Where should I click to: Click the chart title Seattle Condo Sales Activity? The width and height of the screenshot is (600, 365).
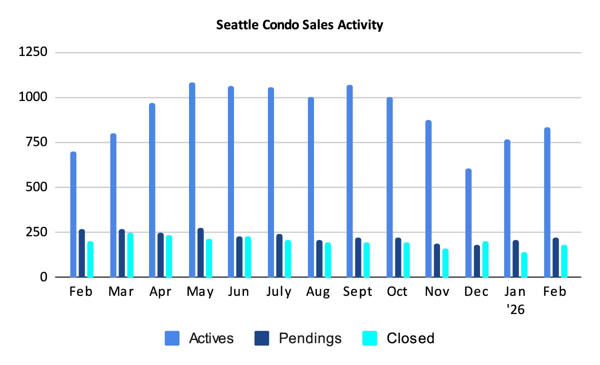point(299,24)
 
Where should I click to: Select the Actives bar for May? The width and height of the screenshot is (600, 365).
point(192,180)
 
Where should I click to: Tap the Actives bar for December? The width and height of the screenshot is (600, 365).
point(468,223)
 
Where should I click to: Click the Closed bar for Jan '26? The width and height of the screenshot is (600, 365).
point(524,264)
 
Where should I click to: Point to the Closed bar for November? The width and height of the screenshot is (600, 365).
point(445,263)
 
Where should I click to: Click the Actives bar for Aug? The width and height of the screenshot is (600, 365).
point(310,187)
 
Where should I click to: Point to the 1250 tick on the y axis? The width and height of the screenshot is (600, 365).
point(34,52)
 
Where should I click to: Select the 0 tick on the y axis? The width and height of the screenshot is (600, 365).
point(44,277)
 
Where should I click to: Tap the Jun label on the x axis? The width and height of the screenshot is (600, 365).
point(238,292)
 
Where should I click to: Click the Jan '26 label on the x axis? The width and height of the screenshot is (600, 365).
point(515,300)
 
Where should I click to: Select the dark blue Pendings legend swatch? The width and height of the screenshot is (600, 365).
point(262,338)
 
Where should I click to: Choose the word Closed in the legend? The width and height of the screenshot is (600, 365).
point(410,338)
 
